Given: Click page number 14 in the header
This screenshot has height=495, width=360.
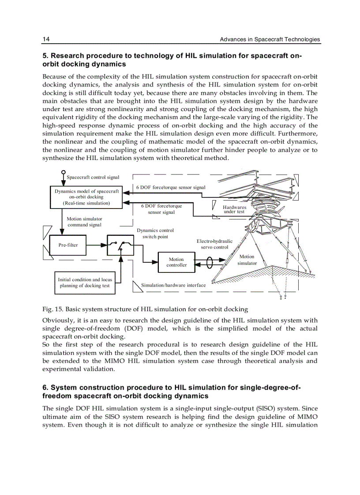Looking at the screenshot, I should (46, 39).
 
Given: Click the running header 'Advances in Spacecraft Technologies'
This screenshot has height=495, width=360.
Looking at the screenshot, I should (270, 39).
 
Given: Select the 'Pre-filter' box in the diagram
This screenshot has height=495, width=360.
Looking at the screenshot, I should (68, 245).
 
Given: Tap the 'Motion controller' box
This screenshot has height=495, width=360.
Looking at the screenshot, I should (176, 262).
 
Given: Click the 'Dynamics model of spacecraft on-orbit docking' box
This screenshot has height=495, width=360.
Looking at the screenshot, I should (86, 197).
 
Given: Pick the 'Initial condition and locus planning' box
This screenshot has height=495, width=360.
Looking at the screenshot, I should (85, 283).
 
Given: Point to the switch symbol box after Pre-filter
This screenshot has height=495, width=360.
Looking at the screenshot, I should (120, 245).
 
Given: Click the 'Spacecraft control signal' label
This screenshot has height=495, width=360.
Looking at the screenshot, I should (93, 177).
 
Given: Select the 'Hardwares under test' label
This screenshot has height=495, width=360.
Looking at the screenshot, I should (234, 209).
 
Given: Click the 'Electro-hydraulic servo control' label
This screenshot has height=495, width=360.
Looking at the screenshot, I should (214, 244).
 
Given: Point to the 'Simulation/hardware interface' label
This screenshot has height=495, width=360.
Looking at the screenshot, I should (173, 285).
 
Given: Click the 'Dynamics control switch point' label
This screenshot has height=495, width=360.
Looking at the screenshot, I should (155, 234).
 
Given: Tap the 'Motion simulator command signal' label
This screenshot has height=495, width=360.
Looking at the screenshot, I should (84, 222).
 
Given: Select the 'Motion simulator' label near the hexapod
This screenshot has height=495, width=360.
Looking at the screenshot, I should (247, 260).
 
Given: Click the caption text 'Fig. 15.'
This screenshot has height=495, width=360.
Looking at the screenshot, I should (51, 309).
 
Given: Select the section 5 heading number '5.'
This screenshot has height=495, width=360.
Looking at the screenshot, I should (45, 56).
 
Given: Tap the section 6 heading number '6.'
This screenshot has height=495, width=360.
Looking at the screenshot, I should (45, 387).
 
